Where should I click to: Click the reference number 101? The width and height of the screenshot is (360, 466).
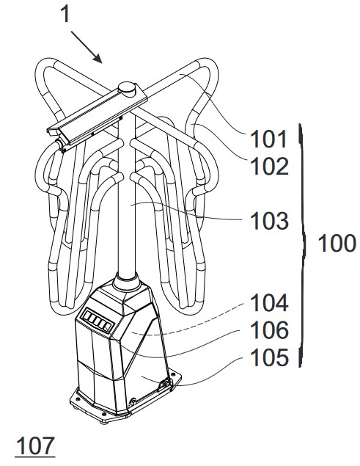(x=268, y=139)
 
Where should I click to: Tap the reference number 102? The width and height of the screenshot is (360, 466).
(x=269, y=166)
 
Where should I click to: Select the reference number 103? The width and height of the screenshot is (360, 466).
(x=269, y=221)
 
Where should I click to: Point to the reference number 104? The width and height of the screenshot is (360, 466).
(x=269, y=303)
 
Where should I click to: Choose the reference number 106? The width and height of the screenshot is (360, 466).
(x=269, y=330)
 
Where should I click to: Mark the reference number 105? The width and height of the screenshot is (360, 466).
(x=269, y=357)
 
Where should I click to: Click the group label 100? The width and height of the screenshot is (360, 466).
(x=337, y=244)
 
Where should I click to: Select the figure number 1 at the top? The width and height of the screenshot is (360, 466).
(x=66, y=14)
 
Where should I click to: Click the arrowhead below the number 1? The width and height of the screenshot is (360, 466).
(x=98, y=59)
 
